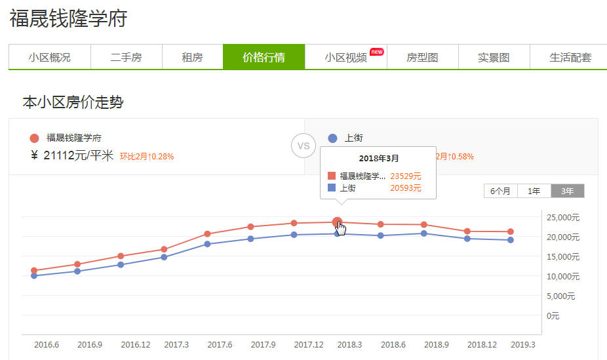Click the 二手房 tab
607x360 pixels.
coord(126,57)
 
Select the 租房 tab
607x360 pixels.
coord(192,57)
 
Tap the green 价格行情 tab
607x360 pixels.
coord(264,57)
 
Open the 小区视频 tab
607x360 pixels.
coord(345,57)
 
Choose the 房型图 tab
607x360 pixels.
coord(422,57)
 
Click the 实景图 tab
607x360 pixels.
coord(494,57)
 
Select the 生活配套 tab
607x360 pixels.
coord(570,57)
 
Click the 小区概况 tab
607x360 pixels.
coord(49,57)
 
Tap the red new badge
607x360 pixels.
coord(376,51)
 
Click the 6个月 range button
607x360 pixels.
coord(501,191)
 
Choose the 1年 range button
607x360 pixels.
coord(534,191)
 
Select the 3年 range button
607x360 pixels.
coord(567,191)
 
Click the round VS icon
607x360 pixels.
coord(303,146)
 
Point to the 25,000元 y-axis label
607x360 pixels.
coord(562,217)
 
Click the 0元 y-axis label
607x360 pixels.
coord(553,315)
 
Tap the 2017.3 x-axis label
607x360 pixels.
coord(176,345)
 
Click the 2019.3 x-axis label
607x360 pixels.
coord(522,345)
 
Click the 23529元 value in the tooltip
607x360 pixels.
coord(405,176)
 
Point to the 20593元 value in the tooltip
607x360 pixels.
coord(405,188)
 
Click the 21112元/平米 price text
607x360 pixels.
coord(78,155)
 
